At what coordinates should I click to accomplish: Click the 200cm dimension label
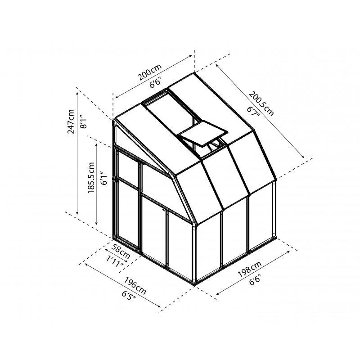tap(150, 72)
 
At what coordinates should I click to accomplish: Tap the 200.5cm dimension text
tap(261, 103)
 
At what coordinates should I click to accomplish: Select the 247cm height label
tap(71, 121)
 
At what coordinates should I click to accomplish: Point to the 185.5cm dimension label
tap(91, 178)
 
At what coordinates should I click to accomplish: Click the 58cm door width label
tap(121, 251)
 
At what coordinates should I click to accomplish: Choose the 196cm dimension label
tap(135, 286)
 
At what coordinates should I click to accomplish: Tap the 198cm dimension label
tap(250, 269)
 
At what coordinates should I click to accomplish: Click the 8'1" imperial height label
tap(84, 121)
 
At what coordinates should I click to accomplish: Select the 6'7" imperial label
tap(253, 111)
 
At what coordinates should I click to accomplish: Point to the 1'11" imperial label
tap(115, 262)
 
